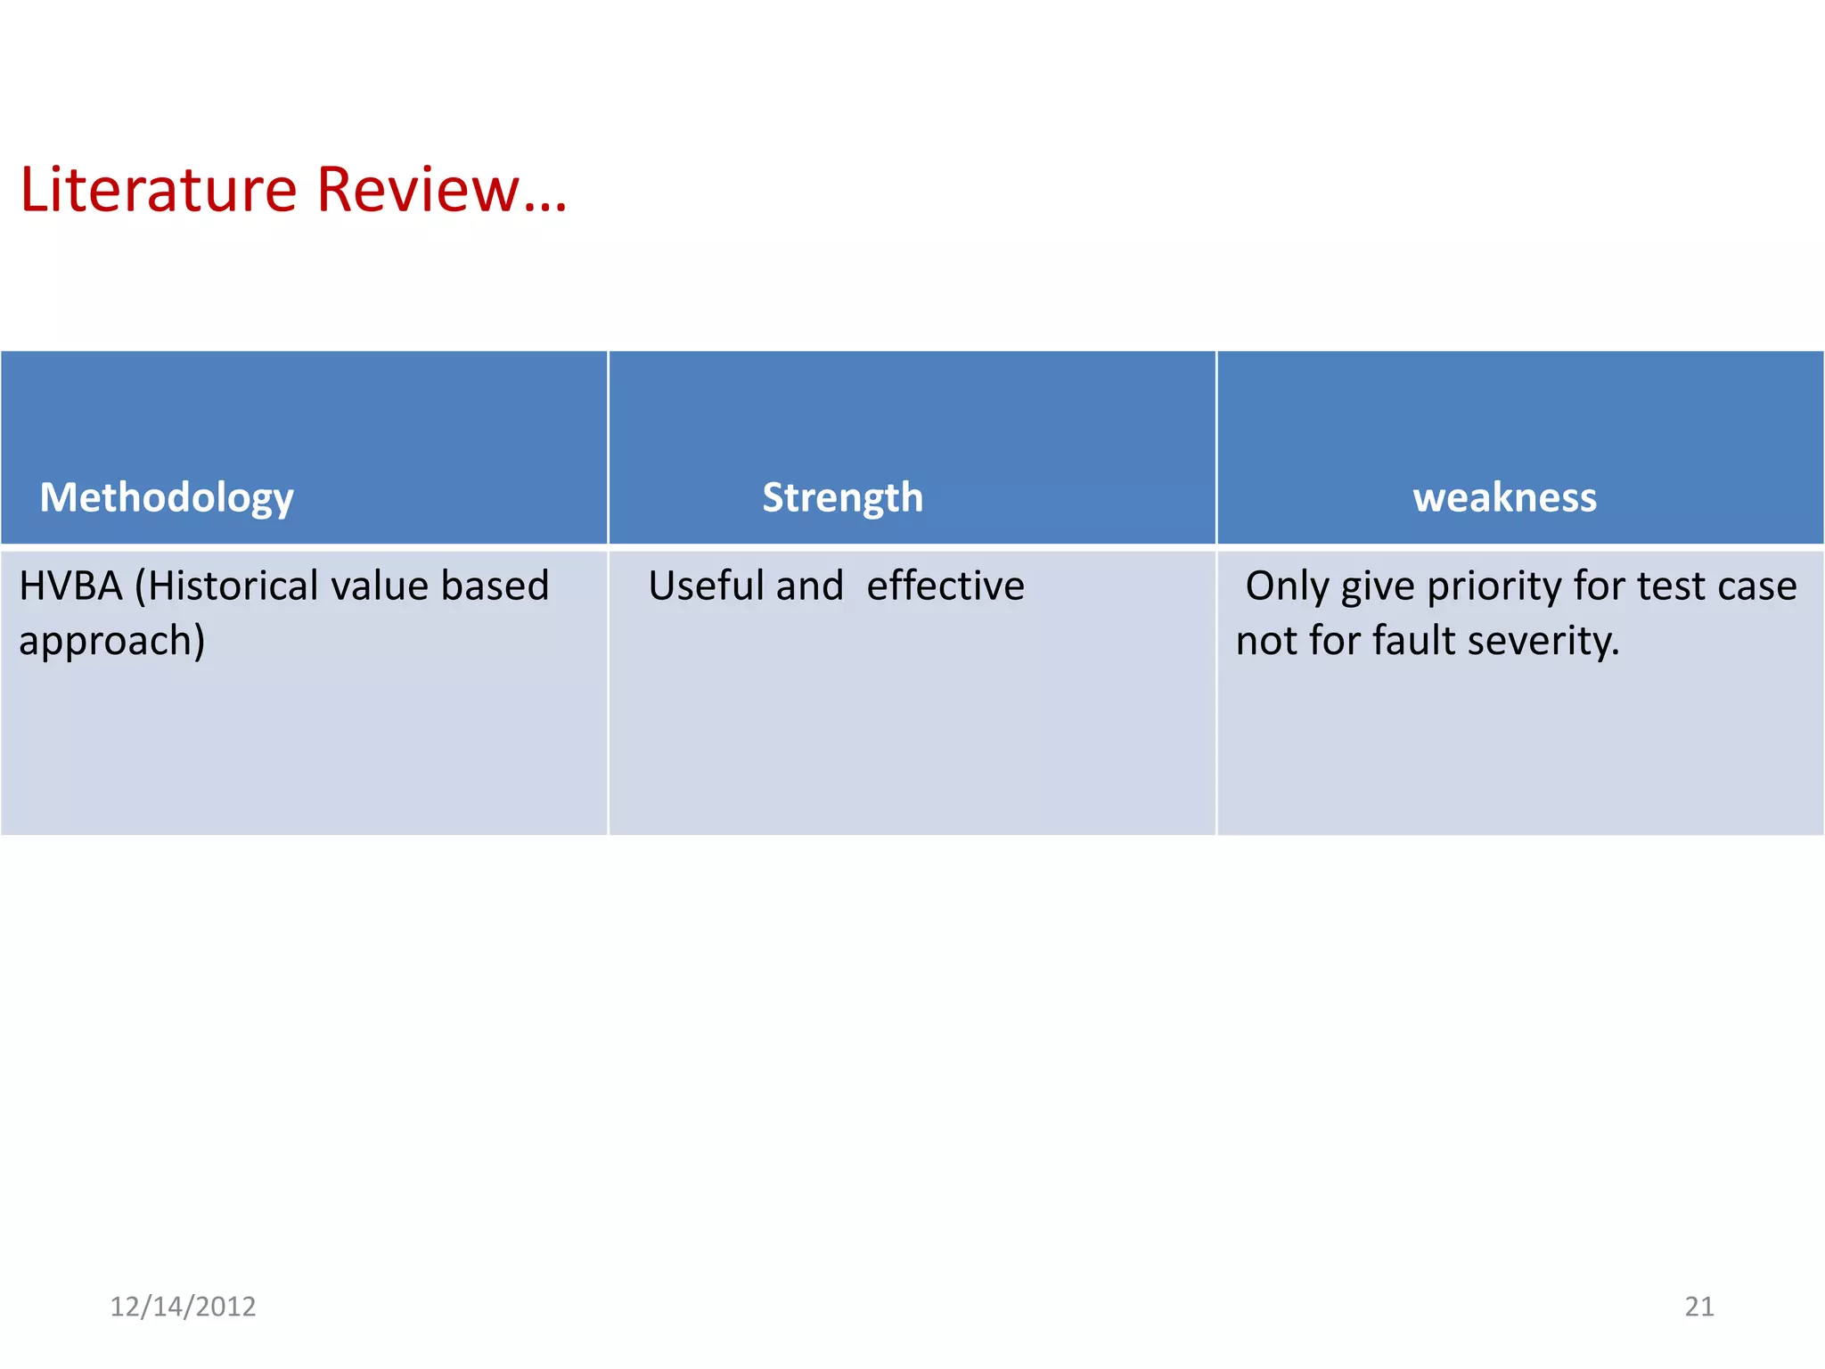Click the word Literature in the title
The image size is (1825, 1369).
point(159,190)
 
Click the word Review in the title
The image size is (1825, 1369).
point(417,190)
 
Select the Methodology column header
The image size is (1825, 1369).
point(167,497)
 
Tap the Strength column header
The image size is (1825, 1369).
point(842,497)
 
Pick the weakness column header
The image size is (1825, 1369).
point(1504,497)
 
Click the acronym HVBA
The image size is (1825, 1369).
point(70,586)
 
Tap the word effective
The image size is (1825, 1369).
point(945,586)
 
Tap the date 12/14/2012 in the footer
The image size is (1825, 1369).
point(183,1307)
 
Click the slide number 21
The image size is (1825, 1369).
point(1698,1307)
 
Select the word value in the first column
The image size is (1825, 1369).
point(381,586)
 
